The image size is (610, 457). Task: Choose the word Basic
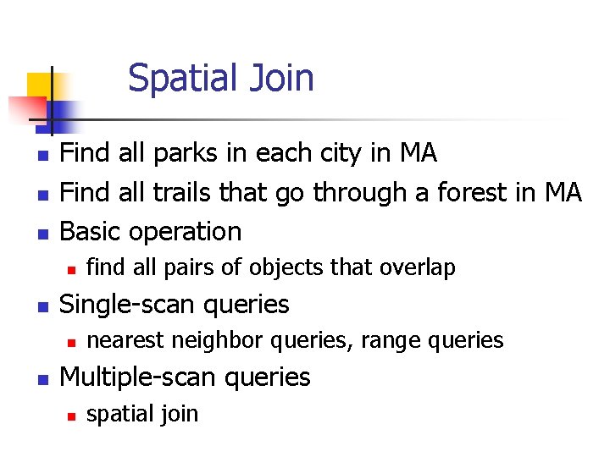[91, 231]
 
